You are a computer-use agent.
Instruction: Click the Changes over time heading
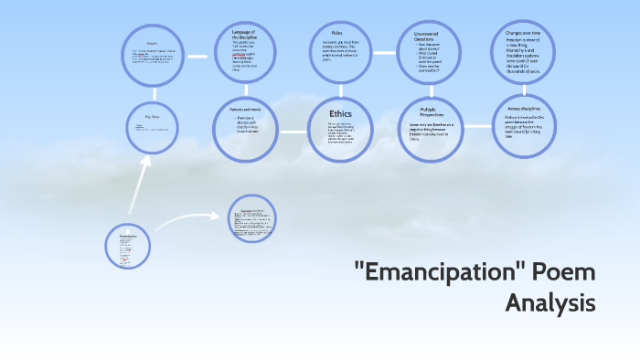(x=524, y=34)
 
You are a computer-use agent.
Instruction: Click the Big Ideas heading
(x=152, y=117)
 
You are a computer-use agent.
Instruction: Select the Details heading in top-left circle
(x=152, y=43)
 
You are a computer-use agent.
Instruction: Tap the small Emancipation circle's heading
(x=128, y=236)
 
